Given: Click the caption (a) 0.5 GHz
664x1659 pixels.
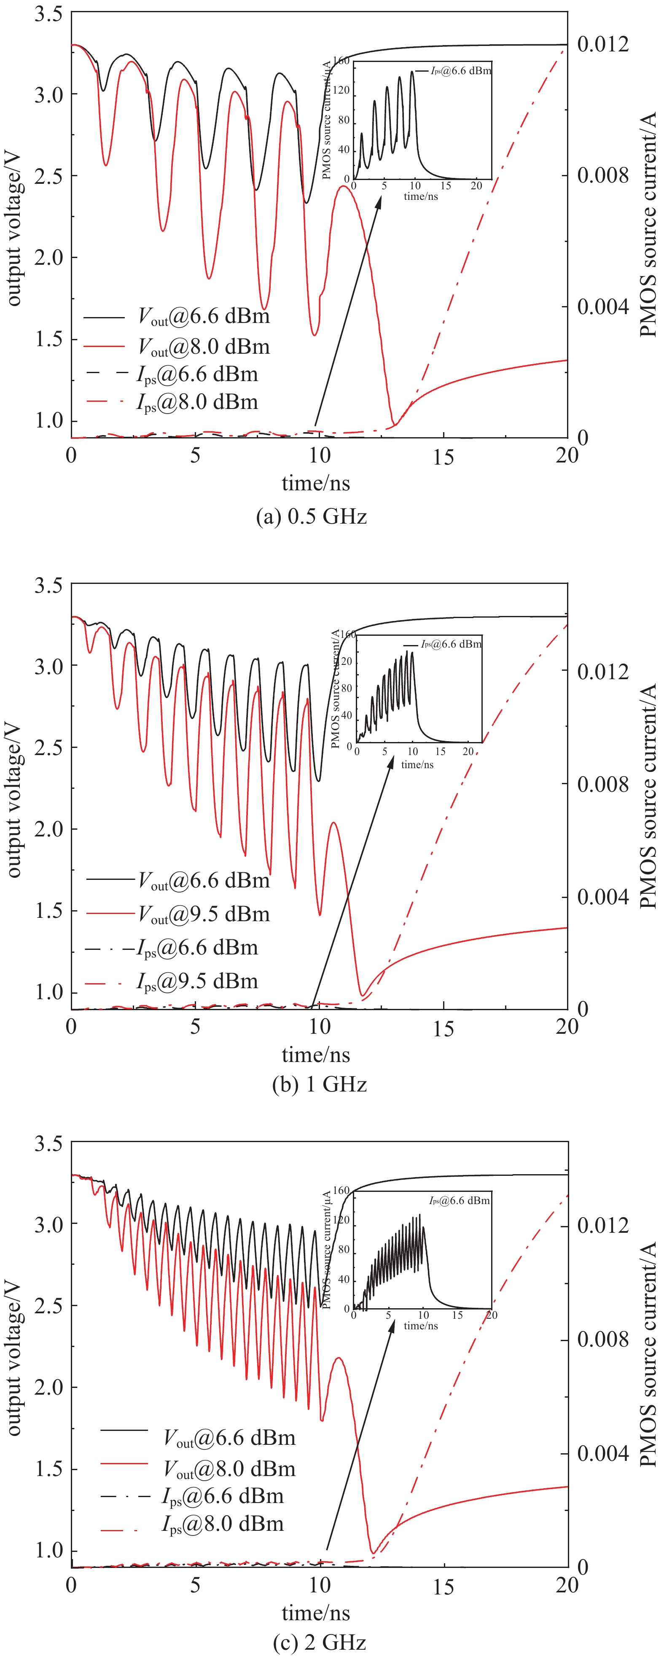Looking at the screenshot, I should tap(311, 516).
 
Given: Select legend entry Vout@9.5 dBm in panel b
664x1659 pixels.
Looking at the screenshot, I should tap(204, 914).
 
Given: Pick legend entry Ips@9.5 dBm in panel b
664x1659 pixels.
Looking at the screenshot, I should tap(197, 981).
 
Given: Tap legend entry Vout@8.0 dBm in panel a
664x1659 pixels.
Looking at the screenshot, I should tap(204, 347).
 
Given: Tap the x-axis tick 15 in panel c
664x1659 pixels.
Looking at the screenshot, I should tap(443, 1587).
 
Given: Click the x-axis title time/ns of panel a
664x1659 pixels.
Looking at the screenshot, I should tap(316, 483).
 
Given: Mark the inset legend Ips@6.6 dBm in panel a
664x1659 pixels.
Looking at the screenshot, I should tap(460, 71).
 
